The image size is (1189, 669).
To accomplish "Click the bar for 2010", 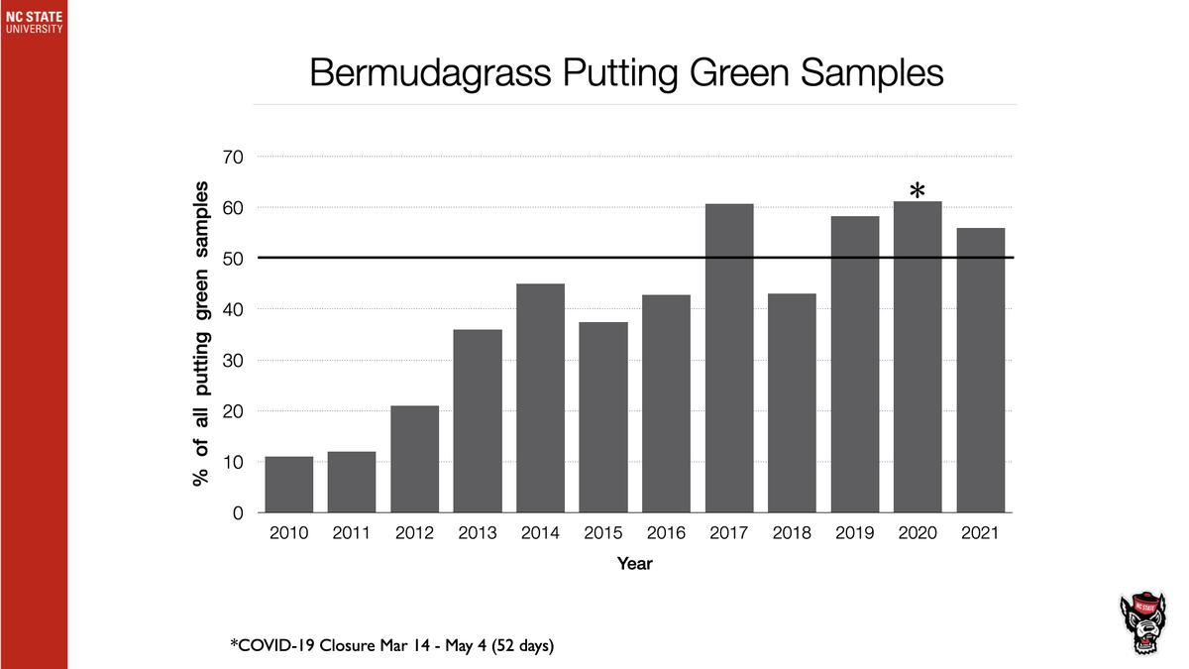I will point(288,485).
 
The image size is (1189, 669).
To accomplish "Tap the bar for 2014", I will point(540,398).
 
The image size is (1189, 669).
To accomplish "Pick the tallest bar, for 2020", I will point(918,357).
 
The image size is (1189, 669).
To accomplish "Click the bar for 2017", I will point(729,358).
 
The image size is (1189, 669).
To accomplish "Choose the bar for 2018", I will point(792,403).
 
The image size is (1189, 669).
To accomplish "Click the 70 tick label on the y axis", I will point(234,157).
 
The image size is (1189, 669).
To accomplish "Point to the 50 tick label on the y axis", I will point(234,259).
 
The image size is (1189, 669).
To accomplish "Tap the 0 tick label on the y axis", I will point(239,513).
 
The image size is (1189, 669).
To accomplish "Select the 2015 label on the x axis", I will point(603,533).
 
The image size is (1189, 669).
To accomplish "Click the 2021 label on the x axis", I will point(980,533).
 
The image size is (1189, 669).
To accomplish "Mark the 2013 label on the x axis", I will point(478,533).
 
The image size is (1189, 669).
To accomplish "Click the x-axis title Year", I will point(634,564).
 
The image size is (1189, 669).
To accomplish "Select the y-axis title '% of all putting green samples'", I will point(202,333).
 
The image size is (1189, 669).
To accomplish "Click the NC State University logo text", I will point(33,23).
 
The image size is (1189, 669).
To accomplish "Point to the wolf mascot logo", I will point(1142,623).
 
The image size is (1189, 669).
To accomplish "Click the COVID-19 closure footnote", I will point(392,646).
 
